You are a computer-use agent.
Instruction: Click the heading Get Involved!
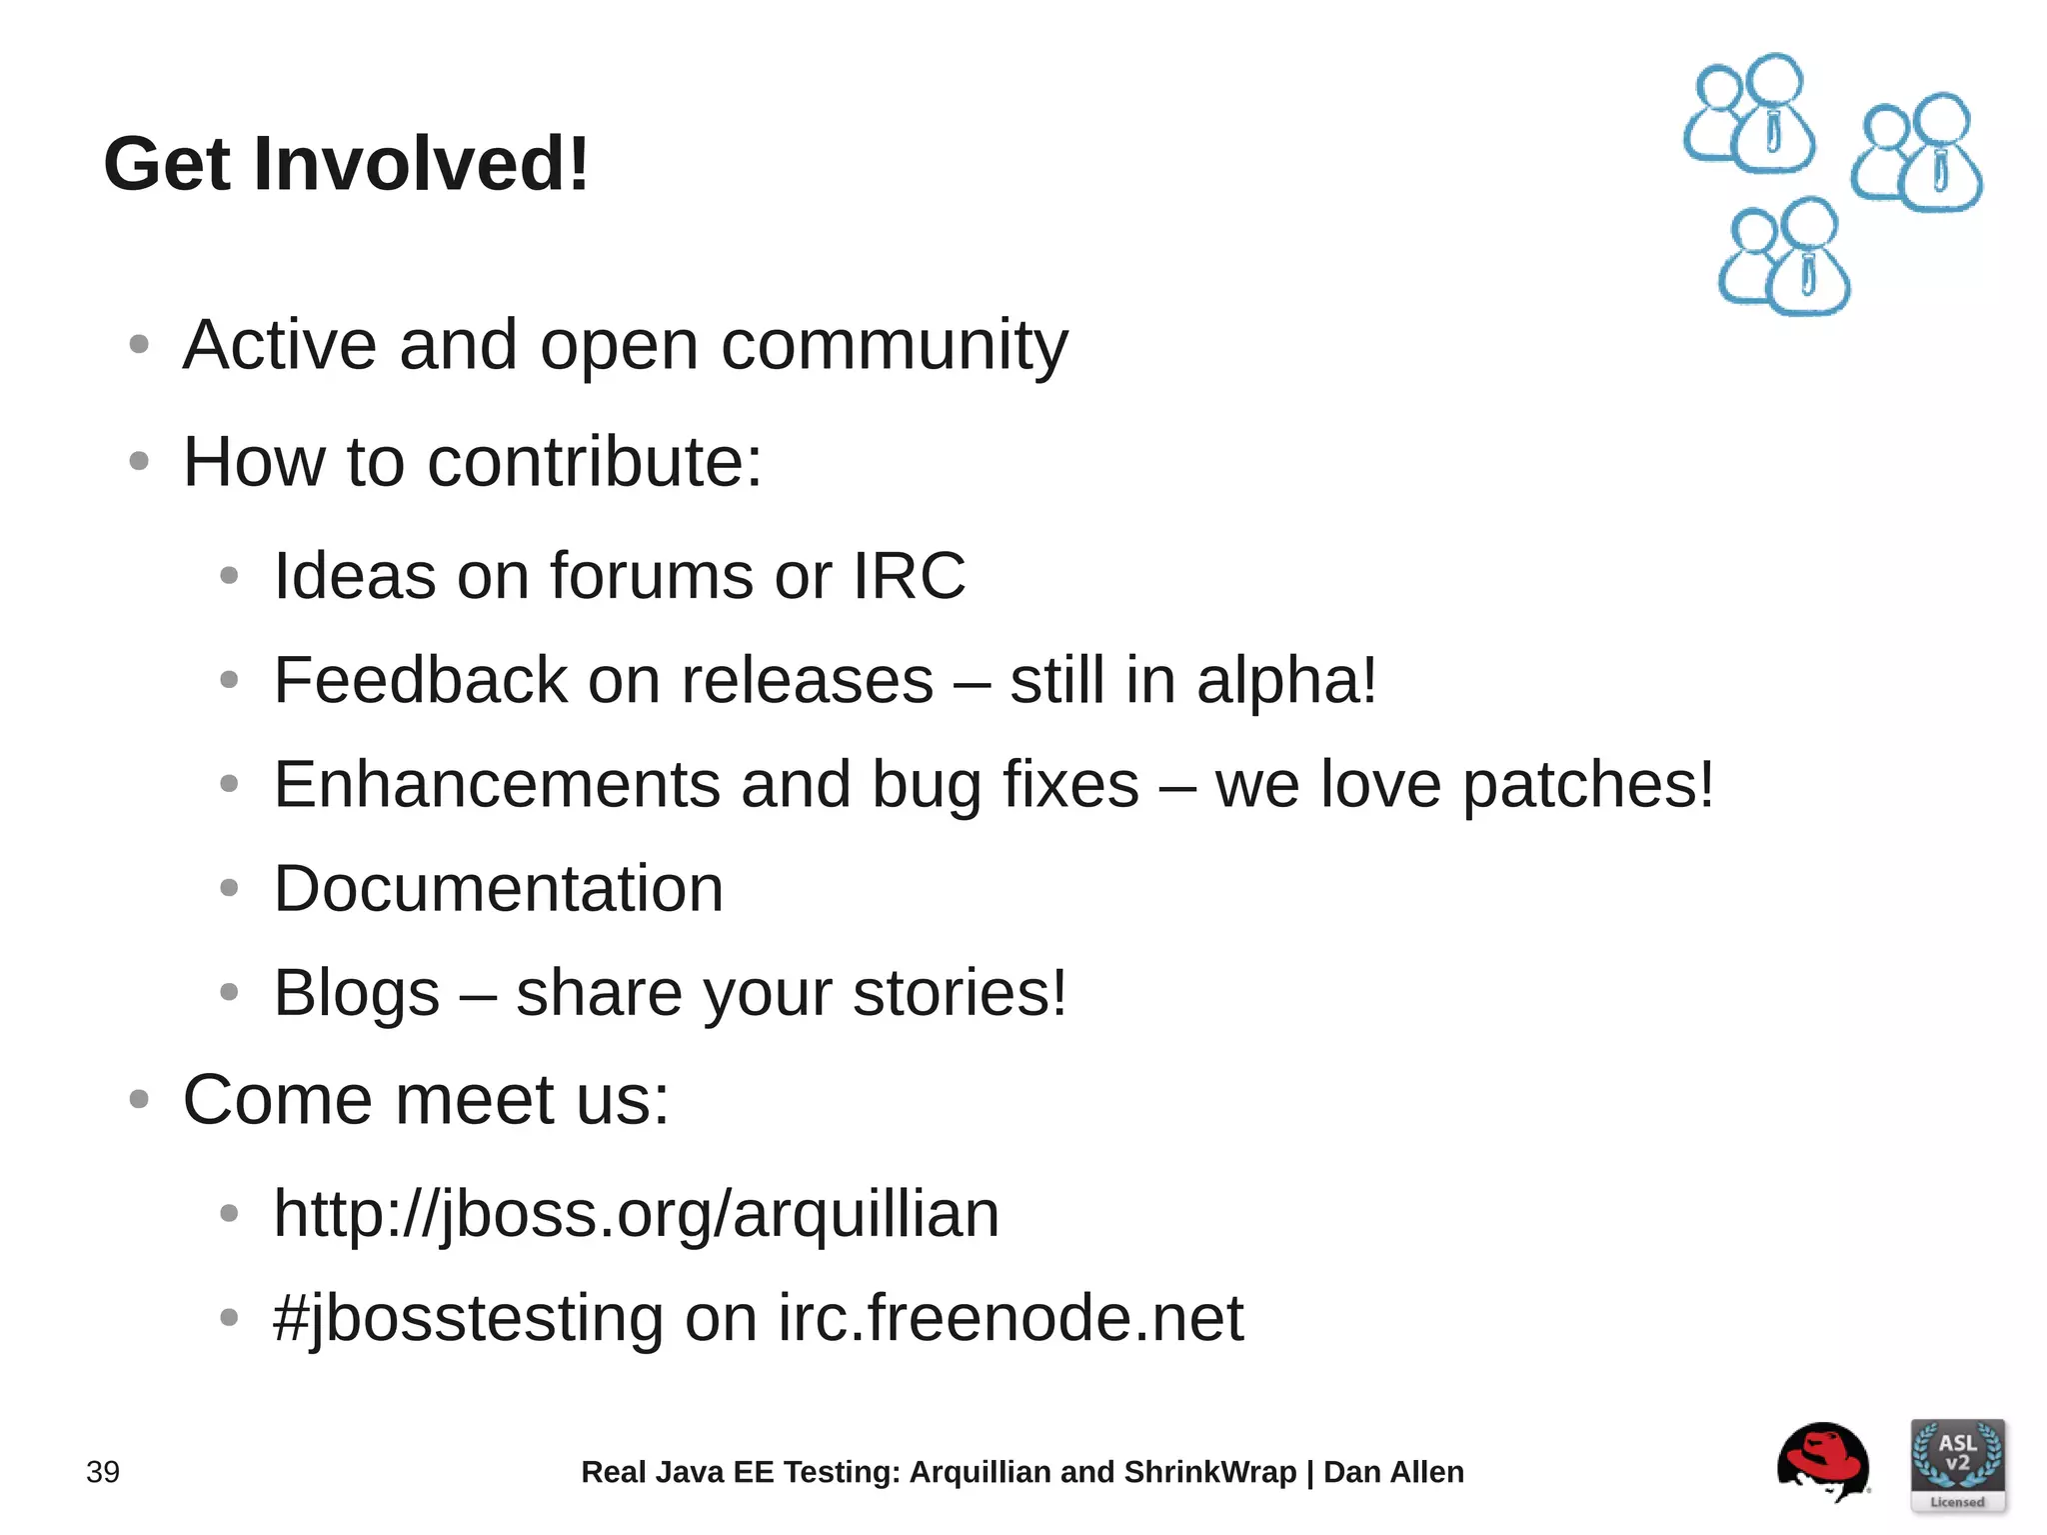(346, 164)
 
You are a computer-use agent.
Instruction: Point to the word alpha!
(1286, 682)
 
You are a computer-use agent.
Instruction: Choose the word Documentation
(498, 889)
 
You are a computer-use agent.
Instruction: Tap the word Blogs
(356, 994)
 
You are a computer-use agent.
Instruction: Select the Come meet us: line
(426, 1100)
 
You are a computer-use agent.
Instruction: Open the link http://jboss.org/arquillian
(636, 1215)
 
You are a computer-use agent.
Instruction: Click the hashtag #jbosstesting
(468, 1319)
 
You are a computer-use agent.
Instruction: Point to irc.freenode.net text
(1011, 1319)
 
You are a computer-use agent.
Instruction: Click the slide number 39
(103, 1472)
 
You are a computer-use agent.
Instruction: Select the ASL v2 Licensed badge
(1956, 1465)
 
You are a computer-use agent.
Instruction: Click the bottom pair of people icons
(1785, 258)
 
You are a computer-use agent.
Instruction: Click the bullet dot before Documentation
(229, 888)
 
